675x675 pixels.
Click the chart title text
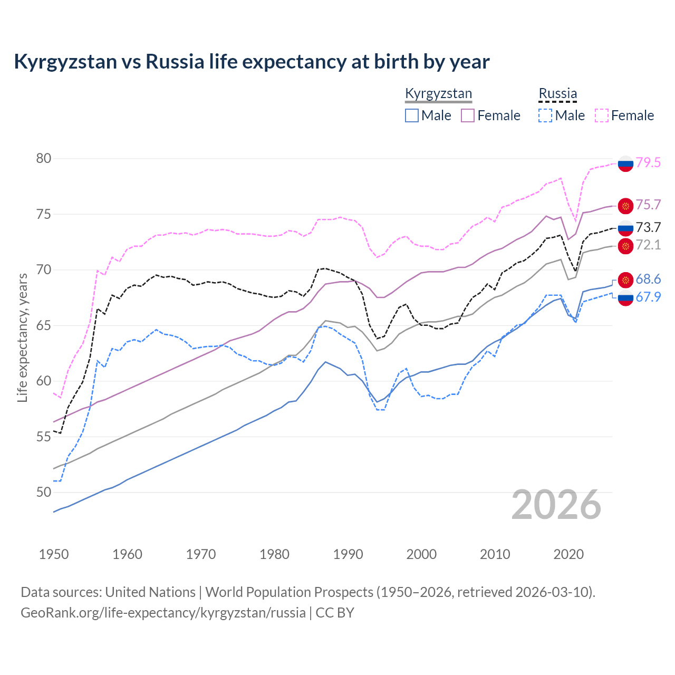252,62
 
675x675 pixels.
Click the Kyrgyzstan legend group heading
438,94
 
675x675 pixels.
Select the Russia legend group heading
557,94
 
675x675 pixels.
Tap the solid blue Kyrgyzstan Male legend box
412,115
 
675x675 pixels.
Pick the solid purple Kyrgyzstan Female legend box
468,115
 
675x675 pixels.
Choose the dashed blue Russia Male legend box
545,115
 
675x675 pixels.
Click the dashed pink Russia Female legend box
602,115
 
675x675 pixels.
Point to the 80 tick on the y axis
44,159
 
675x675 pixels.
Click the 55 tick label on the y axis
44,437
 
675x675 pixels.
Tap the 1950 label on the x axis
54,554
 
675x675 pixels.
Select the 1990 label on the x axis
348,554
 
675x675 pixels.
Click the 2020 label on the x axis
568,554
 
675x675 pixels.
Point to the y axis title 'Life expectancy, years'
22,337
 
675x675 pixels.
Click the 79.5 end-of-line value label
648,163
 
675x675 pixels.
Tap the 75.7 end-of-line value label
648,205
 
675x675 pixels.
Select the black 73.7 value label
648,227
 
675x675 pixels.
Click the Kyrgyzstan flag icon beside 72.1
625,245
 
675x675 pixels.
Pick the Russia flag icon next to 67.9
625,298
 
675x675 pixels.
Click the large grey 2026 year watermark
556,505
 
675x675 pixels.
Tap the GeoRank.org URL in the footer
163,613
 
